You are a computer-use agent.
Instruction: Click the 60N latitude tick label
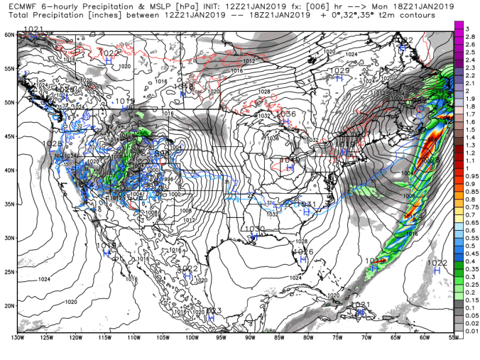click(9, 34)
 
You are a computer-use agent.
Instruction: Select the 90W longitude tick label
click(250, 337)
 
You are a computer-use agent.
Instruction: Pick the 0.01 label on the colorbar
click(471, 330)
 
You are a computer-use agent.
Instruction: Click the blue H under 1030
click(256, 237)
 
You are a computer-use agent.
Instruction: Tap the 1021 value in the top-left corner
click(33, 29)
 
